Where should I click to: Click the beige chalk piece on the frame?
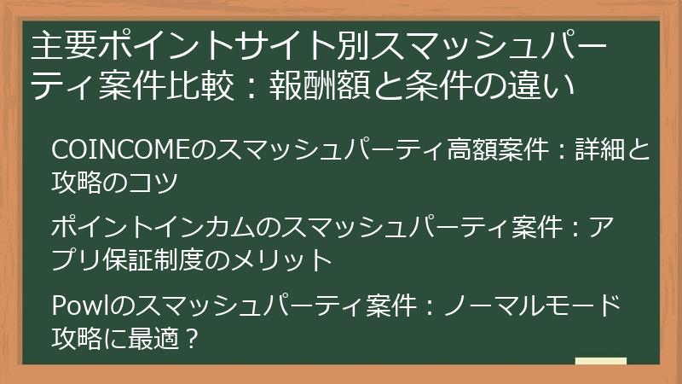(x=600, y=361)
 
